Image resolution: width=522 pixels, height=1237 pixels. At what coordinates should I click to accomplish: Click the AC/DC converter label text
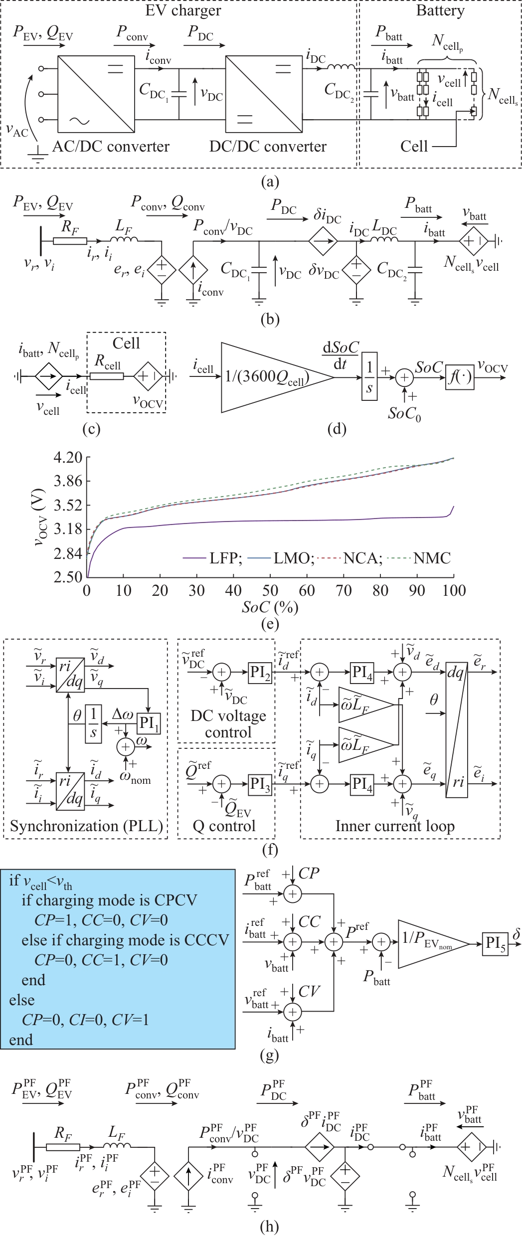pyautogui.click(x=111, y=147)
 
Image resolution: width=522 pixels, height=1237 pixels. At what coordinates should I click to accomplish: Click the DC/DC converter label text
pyautogui.click(x=268, y=147)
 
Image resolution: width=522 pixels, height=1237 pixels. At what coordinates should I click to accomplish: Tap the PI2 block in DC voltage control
pyautogui.click(x=261, y=673)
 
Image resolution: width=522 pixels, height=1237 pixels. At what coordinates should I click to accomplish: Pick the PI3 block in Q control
pyautogui.click(x=261, y=784)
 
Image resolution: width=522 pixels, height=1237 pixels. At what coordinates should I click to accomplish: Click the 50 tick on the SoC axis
pyautogui.click(x=270, y=591)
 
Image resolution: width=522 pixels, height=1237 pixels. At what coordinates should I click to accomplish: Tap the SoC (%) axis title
pyautogui.click(x=270, y=607)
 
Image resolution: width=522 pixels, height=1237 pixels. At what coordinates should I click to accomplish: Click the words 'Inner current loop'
pyautogui.click(x=395, y=826)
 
